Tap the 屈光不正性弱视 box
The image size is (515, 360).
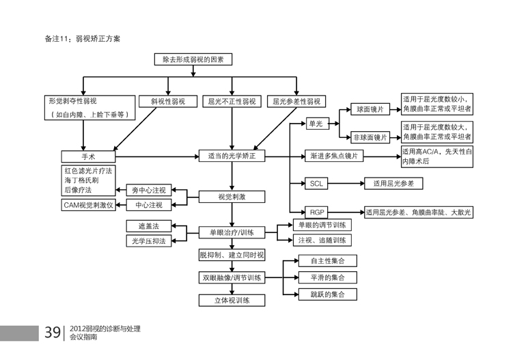[232, 101]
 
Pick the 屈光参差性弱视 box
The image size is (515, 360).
[297, 101]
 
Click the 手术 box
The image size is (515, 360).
[89, 156]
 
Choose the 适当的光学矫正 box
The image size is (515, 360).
[232, 156]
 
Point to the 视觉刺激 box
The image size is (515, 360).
[232, 197]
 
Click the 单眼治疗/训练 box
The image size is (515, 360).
[232, 232]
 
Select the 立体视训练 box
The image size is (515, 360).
[232, 299]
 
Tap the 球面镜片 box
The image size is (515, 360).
[370, 109]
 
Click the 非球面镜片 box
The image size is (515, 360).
[370, 137]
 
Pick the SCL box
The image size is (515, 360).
[316, 184]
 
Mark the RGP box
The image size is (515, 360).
[316, 212]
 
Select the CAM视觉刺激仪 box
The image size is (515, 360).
[89, 204]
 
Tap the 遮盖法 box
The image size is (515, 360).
[148, 225]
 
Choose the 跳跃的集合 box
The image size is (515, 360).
[327, 294]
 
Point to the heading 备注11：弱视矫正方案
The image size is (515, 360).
[83, 39]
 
